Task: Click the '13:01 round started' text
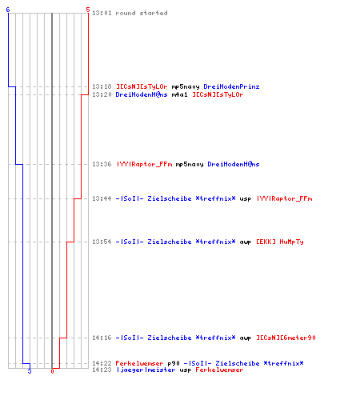pyautogui.click(x=130, y=13)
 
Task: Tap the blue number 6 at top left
pyautogui.click(x=8, y=10)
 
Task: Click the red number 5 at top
pyautogui.click(x=88, y=10)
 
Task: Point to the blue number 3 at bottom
pyautogui.click(x=30, y=371)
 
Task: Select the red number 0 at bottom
pyautogui.click(x=52, y=371)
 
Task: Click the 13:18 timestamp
pyautogui.click(x=102, y=86)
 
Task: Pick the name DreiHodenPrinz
pyautogui.click(x=231, y=86)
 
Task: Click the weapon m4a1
pyautogui.click(x=179, y=94)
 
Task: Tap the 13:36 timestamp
pyautogui.click(x=102, y=164)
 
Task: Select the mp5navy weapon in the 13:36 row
pyautogui.click(x=190, y=164)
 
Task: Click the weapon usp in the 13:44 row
pyautogui.click(x=246, y=199)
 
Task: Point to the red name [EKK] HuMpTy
pyautogui.click(x=280, y=242)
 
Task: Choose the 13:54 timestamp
pyautogui.click(x=102, y=242)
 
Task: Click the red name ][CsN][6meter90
pyautogui.click(x=286, y=338)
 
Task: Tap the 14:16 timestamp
pyautogui.click(x=102, y=338)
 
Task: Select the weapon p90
pyautogui.click(x=174, y=363)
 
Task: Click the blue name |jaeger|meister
pyautogui.click(x=146, y=370)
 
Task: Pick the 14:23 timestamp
pyautogui.click(x=102, y=370)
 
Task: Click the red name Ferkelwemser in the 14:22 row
pyautogui.click(x=139, y=363)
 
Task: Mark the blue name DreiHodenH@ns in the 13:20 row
pyautogui.click(x=142, y=94)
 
